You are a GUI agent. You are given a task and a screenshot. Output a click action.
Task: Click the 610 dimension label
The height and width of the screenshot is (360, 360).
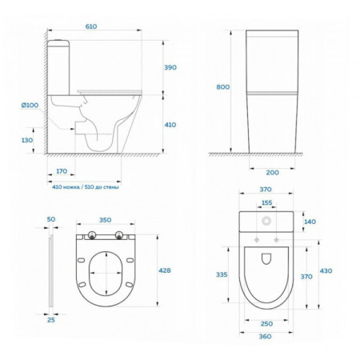tap(91, 26)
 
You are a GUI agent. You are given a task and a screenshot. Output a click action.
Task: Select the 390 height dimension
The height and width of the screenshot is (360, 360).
tap(170, 67)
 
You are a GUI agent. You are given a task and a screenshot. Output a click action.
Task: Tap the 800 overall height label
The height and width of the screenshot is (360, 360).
tap(222, 87)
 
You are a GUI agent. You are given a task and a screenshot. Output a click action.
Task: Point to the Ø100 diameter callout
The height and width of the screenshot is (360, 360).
tap(30, 105)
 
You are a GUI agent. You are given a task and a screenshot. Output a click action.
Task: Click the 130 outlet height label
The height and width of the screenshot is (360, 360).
tap(27, 140)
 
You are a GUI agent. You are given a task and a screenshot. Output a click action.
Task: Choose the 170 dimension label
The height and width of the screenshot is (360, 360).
tap(62, 171)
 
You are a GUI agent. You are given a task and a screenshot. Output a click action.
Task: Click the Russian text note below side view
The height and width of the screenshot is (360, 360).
tap(86, 187)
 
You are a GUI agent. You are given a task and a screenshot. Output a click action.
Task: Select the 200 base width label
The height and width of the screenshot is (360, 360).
tap(272, 173)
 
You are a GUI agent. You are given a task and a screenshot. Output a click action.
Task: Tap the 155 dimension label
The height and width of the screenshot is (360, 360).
tap(266, 203)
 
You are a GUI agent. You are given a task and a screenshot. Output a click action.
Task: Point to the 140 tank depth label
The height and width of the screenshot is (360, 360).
tap(310, 222)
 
